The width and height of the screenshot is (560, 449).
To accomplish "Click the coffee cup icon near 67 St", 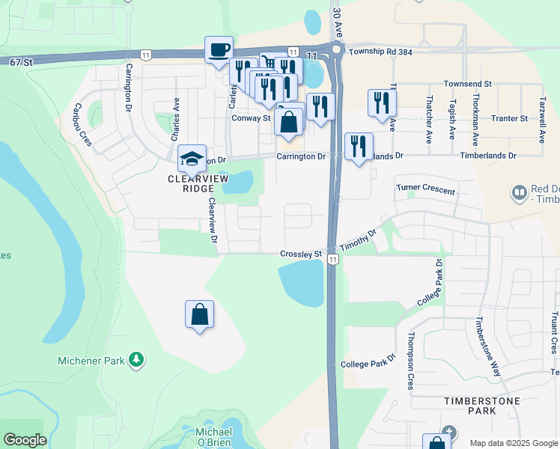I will coord(219,50).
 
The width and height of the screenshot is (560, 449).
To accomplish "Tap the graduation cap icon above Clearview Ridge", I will coord(192,159).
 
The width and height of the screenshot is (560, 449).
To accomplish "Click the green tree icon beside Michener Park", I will coord(136,361).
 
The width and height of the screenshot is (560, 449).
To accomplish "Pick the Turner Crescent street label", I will coord(425,190).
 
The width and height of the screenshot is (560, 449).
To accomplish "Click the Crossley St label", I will coord(301,254).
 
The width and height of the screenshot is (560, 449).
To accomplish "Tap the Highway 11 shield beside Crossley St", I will coord(332,259).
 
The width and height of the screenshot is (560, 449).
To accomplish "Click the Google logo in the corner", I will coord(25,440).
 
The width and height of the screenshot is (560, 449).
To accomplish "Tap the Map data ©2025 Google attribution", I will coord(513,443).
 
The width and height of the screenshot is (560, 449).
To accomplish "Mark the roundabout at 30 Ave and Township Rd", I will coord(335,51).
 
